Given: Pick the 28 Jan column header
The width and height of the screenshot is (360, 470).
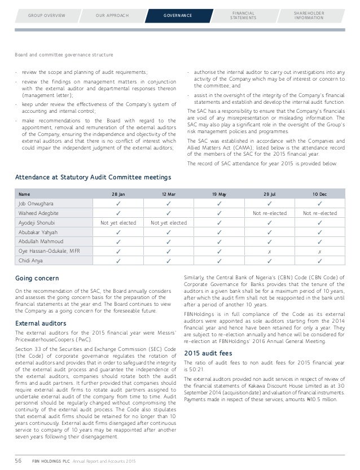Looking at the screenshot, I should coord(118,194).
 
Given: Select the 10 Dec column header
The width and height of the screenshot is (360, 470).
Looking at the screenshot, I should coord(319,194).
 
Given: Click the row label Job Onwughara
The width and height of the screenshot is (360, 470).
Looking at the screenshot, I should coord(37,203).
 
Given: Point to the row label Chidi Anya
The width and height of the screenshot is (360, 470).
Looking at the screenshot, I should coord(30,261).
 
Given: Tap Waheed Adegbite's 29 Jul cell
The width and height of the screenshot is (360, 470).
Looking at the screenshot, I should coord(269,213).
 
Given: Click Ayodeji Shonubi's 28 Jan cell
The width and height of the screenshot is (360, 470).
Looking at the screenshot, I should coord(118,222).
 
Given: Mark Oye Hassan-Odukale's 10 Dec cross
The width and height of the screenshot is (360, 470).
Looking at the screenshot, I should coord(319,251).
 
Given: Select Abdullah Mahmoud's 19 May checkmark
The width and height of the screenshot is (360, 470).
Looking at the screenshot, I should coord(218,241).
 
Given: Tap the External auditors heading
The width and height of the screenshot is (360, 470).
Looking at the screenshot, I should coord(41,323).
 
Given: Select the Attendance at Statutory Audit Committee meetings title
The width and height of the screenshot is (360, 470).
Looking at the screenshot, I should coord(93,177).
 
